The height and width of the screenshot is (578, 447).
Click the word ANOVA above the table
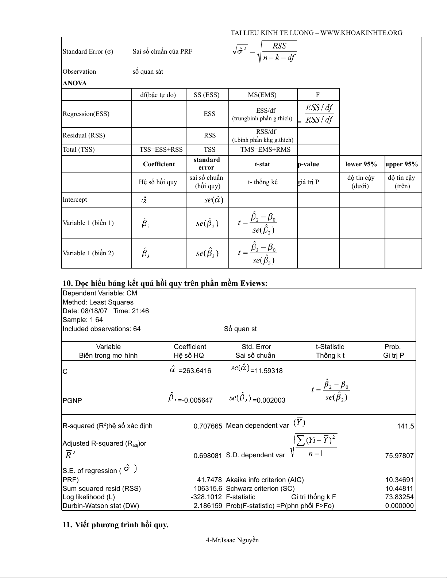75,83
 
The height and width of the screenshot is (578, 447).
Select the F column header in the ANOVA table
318,95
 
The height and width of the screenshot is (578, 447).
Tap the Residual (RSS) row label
84,135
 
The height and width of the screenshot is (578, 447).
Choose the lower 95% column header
361,164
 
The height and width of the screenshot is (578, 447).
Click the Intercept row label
75,199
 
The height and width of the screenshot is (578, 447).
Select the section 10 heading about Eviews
165,283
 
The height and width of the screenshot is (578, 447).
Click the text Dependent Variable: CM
100,293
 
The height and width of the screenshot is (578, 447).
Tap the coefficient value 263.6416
195,371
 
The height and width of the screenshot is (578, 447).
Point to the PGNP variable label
72,400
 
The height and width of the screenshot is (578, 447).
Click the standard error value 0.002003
269,400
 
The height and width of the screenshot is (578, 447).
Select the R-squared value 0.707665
208,426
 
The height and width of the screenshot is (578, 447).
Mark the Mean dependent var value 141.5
405,426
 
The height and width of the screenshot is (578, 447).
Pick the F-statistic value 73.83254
400,497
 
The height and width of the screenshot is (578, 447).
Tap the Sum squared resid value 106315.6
208,489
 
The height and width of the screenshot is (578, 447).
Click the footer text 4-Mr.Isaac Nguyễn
232,540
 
